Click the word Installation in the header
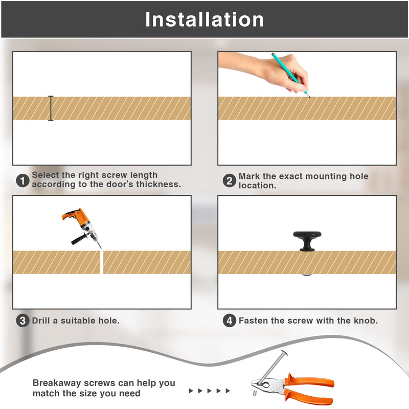point(204,19)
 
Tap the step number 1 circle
point(22,180)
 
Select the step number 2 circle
point(229,180)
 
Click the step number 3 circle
point(22,321)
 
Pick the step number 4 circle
point(229,321)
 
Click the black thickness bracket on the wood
point(51,108)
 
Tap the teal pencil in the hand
point(290,75)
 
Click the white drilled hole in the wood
point(102,262)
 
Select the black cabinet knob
point(307,241)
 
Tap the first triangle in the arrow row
point(191,391)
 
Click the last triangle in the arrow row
point(228,391)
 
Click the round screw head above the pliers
point(284,353)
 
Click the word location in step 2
point(257,186)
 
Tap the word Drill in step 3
point(41,321)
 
